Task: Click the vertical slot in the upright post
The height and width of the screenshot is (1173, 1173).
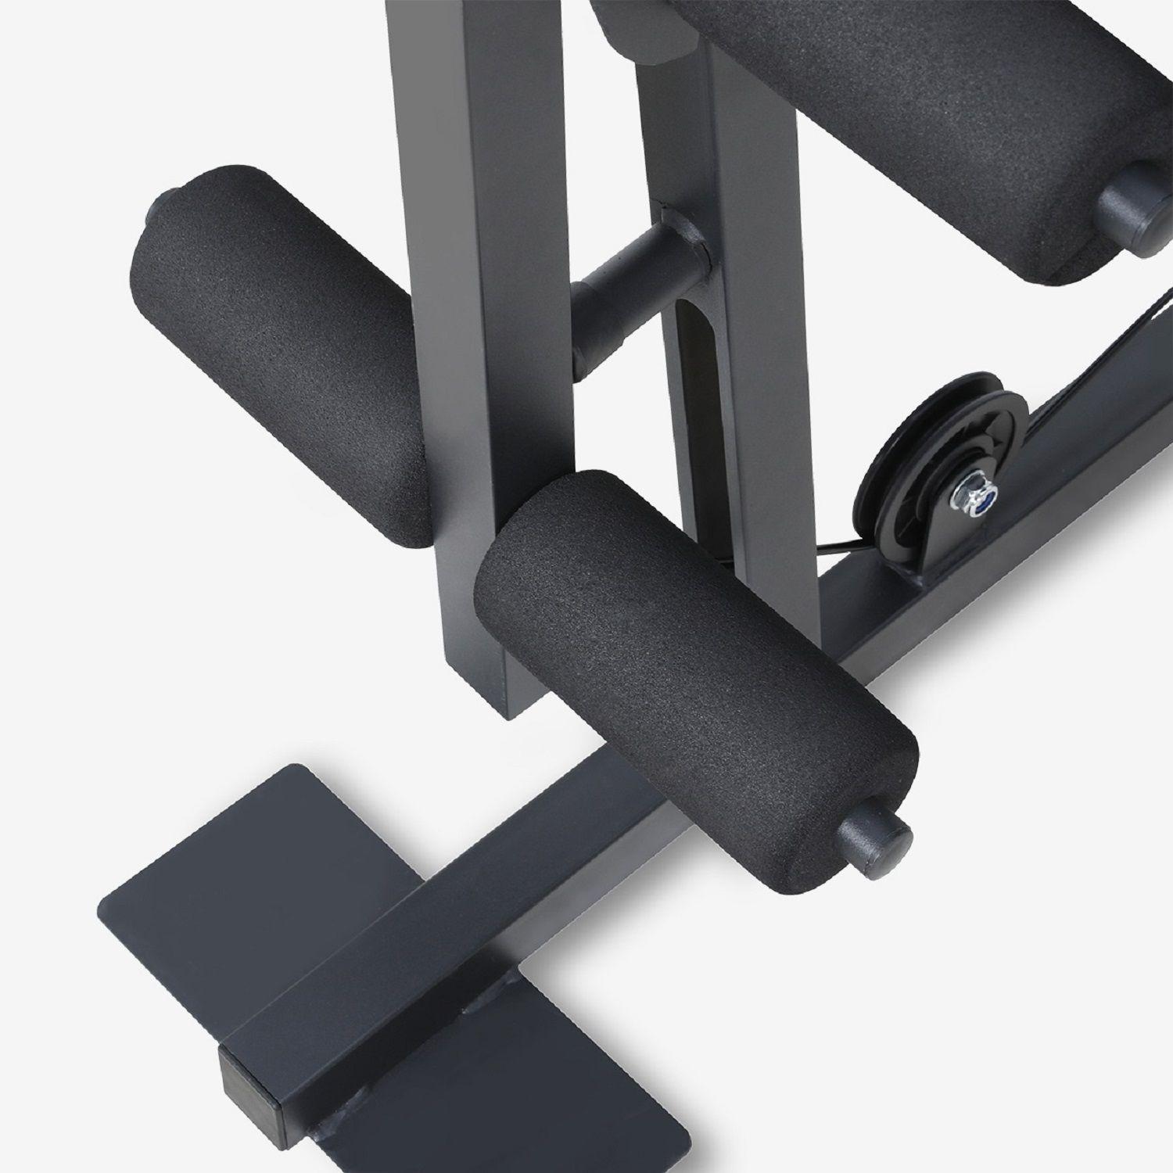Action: coord(693,375)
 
